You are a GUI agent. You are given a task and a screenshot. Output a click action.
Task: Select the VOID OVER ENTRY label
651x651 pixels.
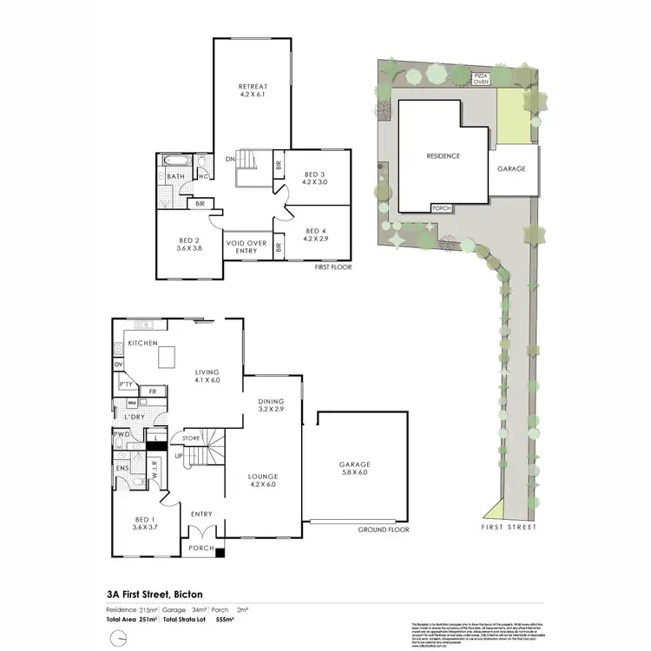[x=247, y=242]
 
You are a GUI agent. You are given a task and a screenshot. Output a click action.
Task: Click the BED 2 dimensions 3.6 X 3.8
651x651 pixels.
[x=189, y=247]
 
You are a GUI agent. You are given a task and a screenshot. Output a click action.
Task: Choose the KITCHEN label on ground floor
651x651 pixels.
[x=142, y=344]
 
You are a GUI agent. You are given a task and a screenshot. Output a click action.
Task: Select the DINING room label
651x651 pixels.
[x=273, y=401]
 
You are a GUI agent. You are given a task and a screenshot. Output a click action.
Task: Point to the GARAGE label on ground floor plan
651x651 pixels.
[x=353, y=464]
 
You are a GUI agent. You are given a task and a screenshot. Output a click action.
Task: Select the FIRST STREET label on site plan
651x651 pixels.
[x=508, y=527]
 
